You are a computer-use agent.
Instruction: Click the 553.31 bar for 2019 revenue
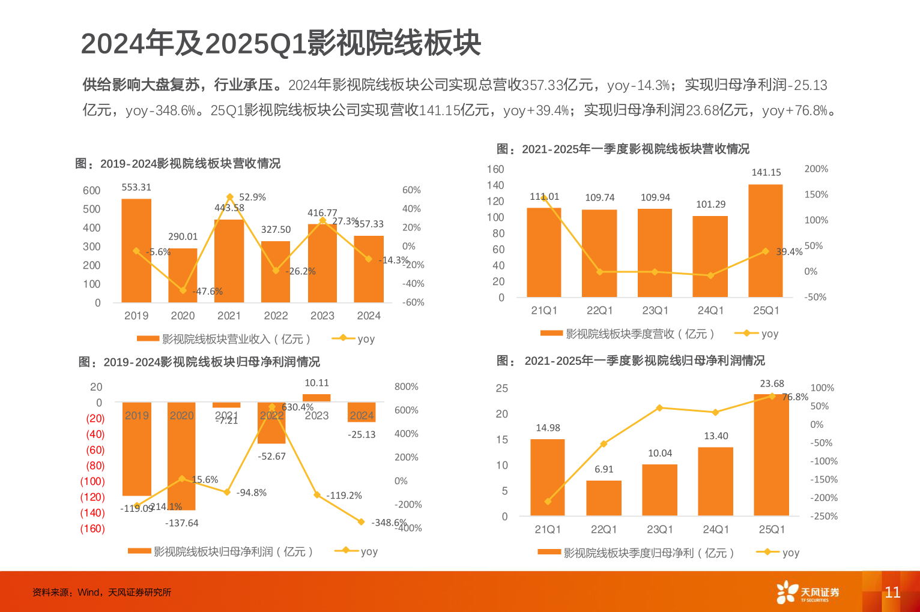pyautogui.click(x=136, y=250)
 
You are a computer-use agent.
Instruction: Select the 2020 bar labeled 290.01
pyautogui.click(x=183, y=275)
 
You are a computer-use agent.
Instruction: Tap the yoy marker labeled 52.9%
pyautogui.click(x=229, y=197)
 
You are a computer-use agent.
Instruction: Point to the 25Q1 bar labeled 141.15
pyautogui.click(x=766, y=241)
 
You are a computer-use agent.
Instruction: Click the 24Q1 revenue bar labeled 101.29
pyautogui.click(x=710, y=256)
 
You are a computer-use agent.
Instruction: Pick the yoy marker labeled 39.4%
pyautogui.click(x=765, y=251)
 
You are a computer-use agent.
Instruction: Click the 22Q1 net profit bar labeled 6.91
pyautogui.click(x=604, y=498)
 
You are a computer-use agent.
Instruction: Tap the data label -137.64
pyautogui.click(x=181, y=523)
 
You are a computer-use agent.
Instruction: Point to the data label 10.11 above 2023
pyautogui.click(x=316, y=383)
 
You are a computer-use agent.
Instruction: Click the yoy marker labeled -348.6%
pyautogui.click(x=361, y=522)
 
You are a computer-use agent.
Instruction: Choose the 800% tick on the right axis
pyautogui.click(x=406, y=387)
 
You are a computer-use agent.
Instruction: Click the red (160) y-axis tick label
pyautogui.click(x=92, y=529)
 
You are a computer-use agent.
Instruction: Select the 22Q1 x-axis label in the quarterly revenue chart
pyautogui.click(x=599, y=310)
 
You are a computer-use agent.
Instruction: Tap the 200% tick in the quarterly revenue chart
pyautogui.click(x=816, y=169)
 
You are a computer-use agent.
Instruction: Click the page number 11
pyautogui.click(x=892, y=592)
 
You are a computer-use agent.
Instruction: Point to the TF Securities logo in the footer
pyautogui.click(x=807, y=592)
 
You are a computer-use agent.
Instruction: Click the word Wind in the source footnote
pyautogui.click(x=89, y=592)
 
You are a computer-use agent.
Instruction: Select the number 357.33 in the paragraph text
pyautogui.click(x=543, y=85)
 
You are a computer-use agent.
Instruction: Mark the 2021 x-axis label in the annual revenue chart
pyautogui.click(x=229, y=316)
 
